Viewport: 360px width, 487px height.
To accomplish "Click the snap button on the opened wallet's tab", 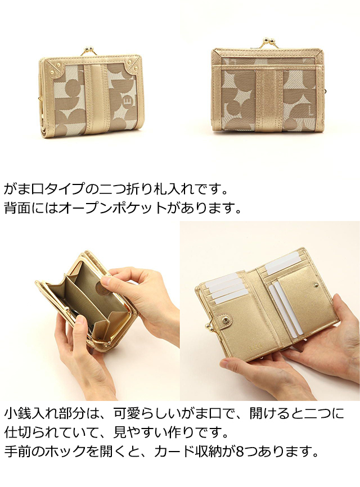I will tap(228, 320).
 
